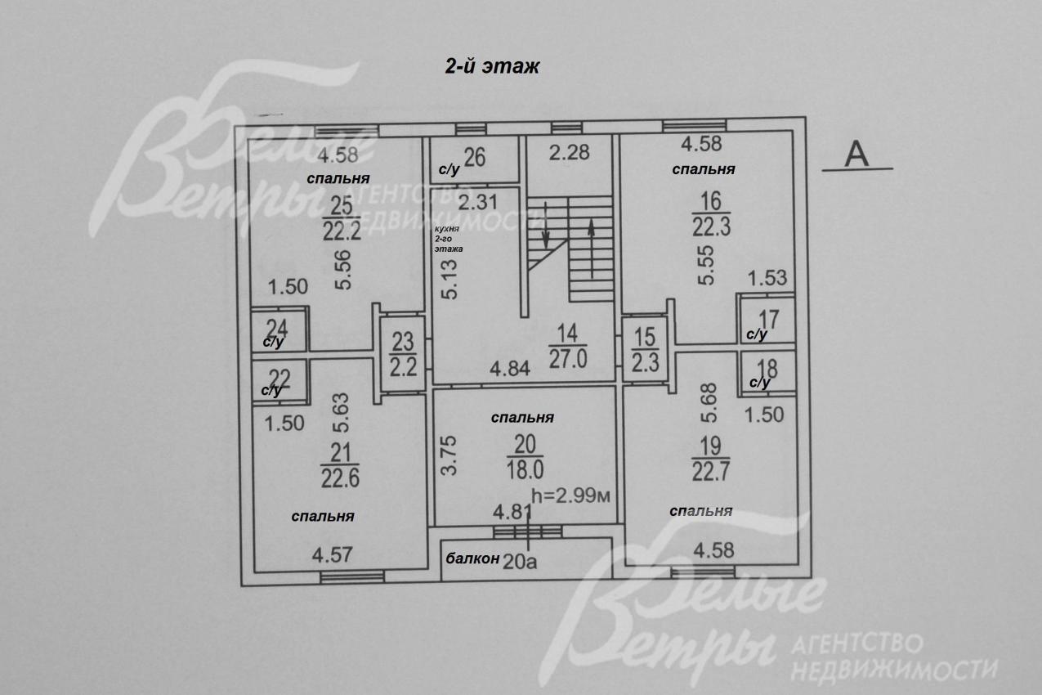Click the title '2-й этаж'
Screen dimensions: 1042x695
[x=492, y=66]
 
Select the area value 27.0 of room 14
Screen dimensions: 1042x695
[x=568, y=359]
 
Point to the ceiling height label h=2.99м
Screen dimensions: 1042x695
[x=570, y=496]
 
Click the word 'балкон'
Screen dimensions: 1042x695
[x=472, y=558]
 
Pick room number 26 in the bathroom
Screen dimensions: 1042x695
[x=475, y=157]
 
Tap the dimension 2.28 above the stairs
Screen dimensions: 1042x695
[x=569, y=152]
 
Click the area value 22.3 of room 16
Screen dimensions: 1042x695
[x=711, y=227]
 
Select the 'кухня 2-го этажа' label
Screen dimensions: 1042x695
[x=449, y=239]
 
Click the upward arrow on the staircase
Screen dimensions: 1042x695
[x=591, y=249]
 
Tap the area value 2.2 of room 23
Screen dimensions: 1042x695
[x=403, y=367]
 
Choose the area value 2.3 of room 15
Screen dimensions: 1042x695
[x=645, y=363]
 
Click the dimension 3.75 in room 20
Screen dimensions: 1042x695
[x=449, y=455]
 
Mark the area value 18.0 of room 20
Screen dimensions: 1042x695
[x=525, y=469]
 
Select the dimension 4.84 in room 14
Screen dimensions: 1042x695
[x=510, y=369]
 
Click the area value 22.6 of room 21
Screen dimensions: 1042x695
[x=340, y=478]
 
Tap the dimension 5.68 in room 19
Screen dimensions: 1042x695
[x=709, y=402]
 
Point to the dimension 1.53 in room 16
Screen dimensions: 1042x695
[x=767, y=278]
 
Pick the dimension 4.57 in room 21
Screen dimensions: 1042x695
[x=332, y=555]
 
